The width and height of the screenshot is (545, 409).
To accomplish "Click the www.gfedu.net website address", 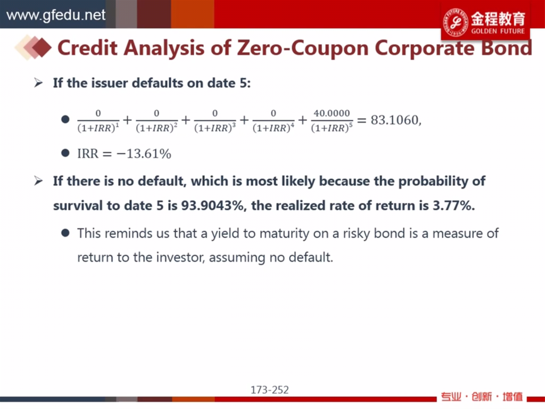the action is (x=55, y=15).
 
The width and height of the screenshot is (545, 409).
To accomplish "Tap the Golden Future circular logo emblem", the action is (x=456, y=22).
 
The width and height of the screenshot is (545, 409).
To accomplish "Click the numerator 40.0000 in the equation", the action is (x=332, y=113).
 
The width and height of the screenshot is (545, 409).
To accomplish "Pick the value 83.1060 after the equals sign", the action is (x=394, y=120).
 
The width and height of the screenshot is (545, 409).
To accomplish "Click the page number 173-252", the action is (x=270, y=390).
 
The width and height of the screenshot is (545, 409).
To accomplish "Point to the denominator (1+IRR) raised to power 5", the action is (x=332, y=128).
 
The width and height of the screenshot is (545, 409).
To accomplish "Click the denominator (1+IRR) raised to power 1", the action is (x=98, y=128).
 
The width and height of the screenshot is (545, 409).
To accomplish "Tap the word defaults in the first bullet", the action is (x=158, y=83).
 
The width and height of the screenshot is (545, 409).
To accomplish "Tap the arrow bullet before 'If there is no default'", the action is (x=38, y=181).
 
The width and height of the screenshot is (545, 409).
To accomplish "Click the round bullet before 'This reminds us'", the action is (x=65, y=233).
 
